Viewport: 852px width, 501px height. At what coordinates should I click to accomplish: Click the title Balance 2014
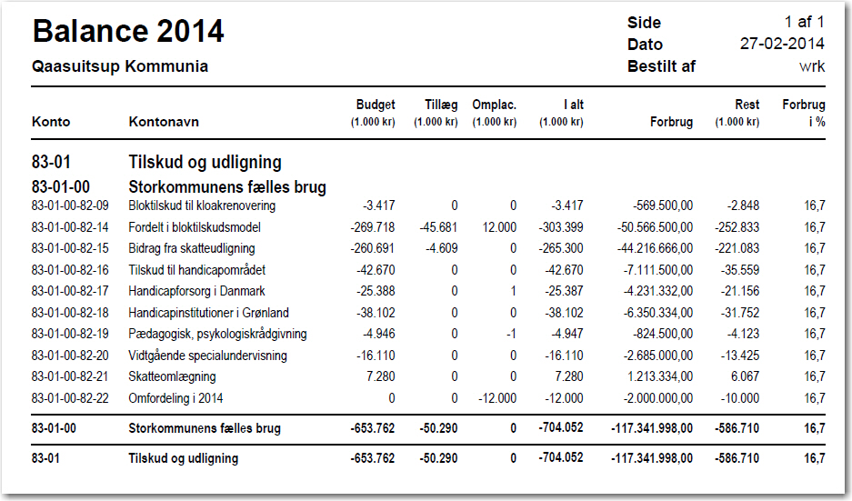[128, 31]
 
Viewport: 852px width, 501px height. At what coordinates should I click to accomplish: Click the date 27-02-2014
[782, 44]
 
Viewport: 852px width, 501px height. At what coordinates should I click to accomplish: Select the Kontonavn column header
[164, 122]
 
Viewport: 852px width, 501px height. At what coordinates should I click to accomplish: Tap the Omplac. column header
[494, 105]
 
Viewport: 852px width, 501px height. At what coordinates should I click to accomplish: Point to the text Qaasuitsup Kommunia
[120, 66]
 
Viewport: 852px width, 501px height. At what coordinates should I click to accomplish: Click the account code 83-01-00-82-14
[70, 227]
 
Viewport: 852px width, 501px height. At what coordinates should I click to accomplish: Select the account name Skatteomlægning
[172, 376]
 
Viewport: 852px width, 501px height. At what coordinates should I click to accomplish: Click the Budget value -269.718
[372, 227]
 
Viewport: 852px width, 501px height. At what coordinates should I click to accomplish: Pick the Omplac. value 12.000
[499, 227]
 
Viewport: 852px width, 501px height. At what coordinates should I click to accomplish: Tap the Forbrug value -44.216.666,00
[655, 248]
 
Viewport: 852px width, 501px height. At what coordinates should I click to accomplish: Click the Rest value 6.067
[745, 376]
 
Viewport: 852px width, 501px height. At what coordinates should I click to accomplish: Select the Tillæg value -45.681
[438, 227]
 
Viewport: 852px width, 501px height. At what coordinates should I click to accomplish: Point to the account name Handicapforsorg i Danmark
[196, 291]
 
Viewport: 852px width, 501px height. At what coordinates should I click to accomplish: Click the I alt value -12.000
[564, 398]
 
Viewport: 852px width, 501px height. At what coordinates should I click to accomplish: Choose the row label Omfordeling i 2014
[175, 398]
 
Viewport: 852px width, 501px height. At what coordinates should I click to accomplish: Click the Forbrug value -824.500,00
[663, 334]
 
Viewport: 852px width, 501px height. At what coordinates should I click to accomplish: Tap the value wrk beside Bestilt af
[812, 66]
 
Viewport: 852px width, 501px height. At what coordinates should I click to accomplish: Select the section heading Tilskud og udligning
[205, 162]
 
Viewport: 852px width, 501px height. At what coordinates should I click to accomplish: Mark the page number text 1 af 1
[804, 22]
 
